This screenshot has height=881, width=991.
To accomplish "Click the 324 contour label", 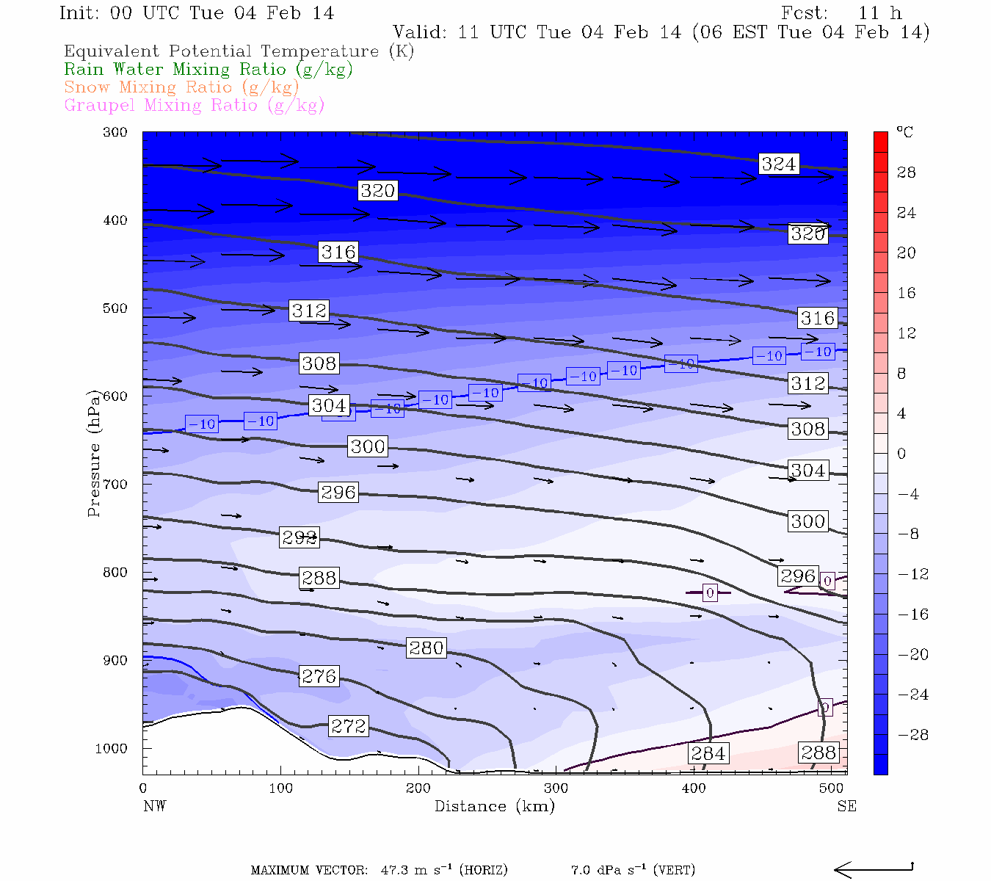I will tap(778, 164).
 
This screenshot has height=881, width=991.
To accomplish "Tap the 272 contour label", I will tap(348, 726).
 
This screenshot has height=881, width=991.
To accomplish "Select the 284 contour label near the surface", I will tap(708, 753).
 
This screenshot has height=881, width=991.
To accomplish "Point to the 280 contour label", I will tap(426, 648).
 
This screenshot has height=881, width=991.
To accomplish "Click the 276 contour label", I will tap(319, 676).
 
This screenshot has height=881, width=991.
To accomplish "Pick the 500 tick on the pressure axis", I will tap(115, 308).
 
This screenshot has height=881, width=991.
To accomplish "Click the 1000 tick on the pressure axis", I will tap(111, 749).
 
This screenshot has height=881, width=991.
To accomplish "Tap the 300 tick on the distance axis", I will tap(556, 788).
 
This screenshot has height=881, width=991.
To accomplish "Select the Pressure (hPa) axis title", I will tap(94, 454).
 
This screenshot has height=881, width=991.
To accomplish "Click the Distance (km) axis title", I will tap(495, 806).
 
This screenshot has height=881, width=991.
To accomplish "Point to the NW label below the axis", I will tap(154, 806).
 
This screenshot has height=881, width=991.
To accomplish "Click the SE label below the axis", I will tap(846, 806).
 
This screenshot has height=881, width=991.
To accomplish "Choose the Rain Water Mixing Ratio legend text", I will tap(208, 70).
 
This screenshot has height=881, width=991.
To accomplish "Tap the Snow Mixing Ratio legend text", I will tap(181, 87).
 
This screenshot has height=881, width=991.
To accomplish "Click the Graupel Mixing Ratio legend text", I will tap(194, 105).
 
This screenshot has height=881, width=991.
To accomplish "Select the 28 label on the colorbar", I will tap(907, 173).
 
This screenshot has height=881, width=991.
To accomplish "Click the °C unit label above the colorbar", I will tap(904, 132).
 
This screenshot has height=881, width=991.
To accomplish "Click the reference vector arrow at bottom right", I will tap(873, 869).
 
